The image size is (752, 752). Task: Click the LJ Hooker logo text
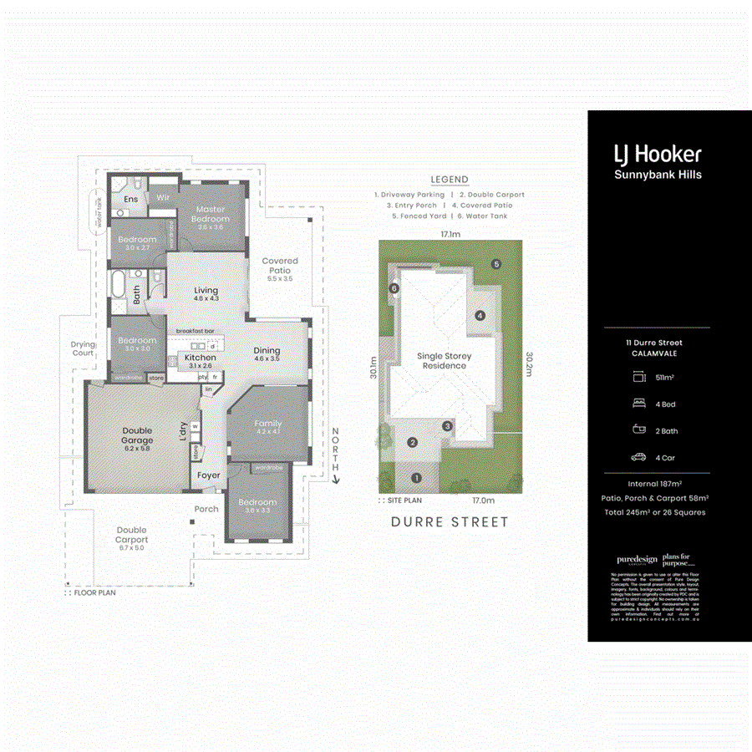click(x=657, y=154)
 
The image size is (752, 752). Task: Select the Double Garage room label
click(x=137, y=435)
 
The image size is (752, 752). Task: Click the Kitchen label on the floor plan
click(x=200, y=358)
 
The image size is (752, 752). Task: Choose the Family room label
click(x=268, y=424)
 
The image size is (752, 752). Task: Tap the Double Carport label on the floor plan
click(x=131, y=535)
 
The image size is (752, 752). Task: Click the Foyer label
click(x=208, y=475)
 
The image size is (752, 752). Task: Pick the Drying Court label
click(x=83, y=348)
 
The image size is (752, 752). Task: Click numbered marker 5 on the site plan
click(x=496, y=264)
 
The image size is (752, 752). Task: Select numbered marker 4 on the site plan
click(x=480, y=316)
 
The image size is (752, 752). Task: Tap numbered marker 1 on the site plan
click(x=415, y=479)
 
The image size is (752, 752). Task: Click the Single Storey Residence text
click(x=445, y=361)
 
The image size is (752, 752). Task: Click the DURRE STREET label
click(x=450, y=522)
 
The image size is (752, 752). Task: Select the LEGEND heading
click(x=450, y=180)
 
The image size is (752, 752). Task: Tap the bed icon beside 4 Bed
click(x=639, y=403)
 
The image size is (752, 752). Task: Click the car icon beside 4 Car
click(x=639, y=457)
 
